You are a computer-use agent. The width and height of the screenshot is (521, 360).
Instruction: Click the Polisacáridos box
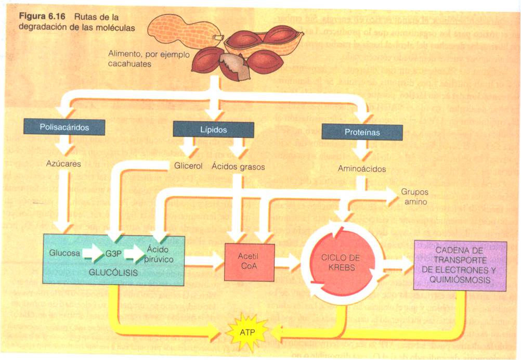[64, 127]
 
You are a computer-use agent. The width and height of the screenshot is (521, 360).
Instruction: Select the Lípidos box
[213, 130]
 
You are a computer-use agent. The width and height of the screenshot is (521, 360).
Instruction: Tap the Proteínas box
[362, 132]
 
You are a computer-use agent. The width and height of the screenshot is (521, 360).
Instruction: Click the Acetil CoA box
[248, 262]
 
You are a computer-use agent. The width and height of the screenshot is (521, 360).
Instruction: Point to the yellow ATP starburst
[248, 331]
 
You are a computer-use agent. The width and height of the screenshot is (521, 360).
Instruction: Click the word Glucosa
[65, 253]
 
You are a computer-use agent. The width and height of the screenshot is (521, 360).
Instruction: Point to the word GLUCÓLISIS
[113, 272]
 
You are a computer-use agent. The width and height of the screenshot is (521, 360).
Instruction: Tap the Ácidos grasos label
[238, 167]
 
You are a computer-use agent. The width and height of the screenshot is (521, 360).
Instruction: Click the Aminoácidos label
[361, 169]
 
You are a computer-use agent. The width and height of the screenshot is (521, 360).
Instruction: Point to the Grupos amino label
[414, 197]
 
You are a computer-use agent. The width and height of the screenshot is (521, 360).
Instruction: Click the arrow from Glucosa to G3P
[93, 254]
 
